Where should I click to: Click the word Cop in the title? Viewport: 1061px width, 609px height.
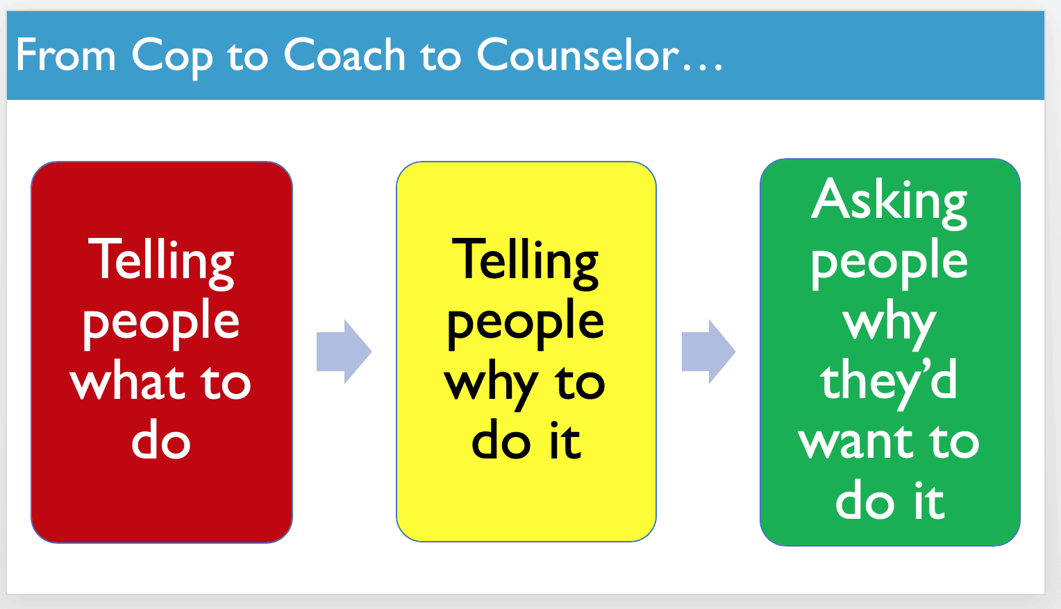coord(172,58)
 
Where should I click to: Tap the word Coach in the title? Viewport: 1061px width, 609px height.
coord(344,54)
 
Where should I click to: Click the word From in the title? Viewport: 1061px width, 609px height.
coord(66,55)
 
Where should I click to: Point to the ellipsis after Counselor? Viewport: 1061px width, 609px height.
coord(703,68)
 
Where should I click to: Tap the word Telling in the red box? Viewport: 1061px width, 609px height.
coord(161,263)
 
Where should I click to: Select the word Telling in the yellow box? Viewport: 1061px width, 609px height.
coord(525,263)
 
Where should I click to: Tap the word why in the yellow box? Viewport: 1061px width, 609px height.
coord(491,388)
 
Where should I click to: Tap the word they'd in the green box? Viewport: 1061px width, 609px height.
coord(889,384)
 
